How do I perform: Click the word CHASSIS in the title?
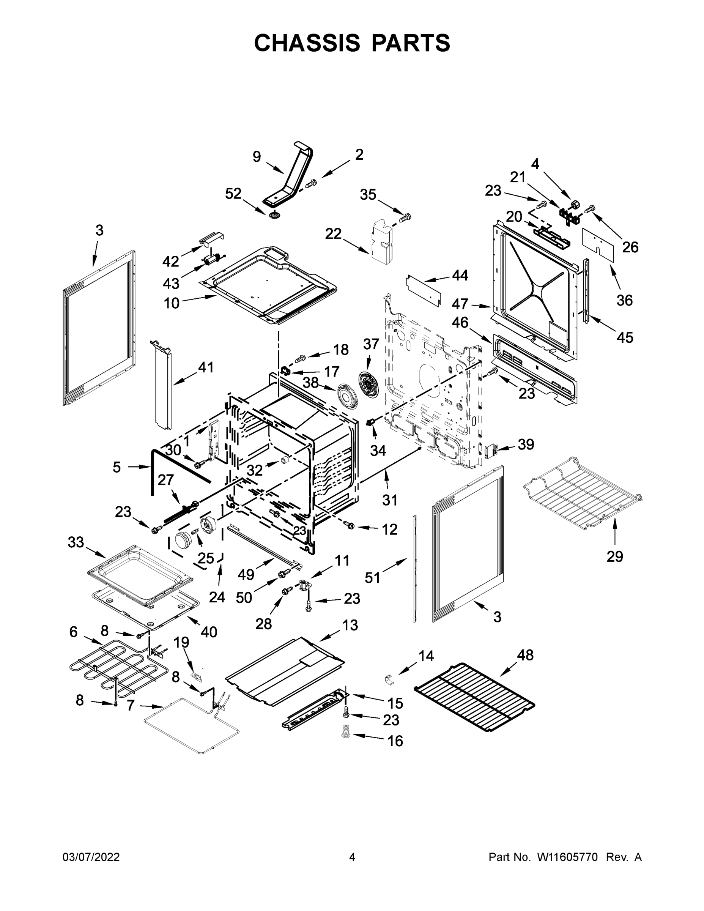pos(307,43)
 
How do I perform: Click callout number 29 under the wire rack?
pos(614,556)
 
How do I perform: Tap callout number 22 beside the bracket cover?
pos(333,234)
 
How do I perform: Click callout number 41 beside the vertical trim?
pos(206,367)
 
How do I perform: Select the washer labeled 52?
pos(274,216)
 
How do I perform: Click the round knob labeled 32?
pos(285,460)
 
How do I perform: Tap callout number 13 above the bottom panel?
pos(350,625)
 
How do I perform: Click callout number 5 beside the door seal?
pos(117,467)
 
